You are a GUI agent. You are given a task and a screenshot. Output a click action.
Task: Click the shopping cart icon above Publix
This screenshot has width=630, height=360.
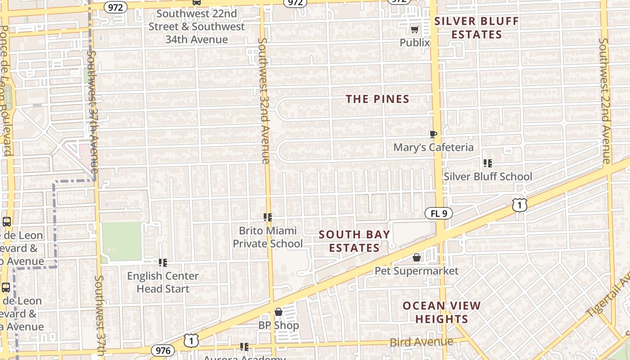414,30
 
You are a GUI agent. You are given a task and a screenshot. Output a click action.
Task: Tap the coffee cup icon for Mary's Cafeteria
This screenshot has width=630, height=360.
433,134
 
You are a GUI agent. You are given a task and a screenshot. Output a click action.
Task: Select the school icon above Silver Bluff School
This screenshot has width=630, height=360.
487,163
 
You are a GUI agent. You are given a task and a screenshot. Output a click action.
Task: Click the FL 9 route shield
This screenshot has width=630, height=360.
438,213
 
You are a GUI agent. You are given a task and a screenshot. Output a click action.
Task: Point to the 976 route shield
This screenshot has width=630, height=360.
162,351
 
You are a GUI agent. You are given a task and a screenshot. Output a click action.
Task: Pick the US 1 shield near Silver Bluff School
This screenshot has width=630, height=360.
519,205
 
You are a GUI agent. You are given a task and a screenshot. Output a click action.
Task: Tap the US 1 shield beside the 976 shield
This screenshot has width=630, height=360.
191,341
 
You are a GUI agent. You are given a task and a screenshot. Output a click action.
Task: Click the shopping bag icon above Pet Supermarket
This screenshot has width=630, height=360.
417,257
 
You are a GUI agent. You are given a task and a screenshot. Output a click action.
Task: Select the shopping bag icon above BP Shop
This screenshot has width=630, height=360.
278,312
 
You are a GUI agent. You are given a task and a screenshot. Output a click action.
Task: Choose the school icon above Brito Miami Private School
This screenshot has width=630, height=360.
268,217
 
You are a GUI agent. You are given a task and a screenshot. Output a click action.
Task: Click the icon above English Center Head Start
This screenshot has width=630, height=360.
163,262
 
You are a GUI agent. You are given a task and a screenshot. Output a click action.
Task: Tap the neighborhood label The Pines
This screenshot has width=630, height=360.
378,99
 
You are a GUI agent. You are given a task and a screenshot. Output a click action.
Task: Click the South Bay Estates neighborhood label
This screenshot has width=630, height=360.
354,241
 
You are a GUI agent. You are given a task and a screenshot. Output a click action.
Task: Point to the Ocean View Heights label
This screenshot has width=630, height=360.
441,312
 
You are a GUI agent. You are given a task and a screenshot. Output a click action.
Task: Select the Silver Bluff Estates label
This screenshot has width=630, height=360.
477,28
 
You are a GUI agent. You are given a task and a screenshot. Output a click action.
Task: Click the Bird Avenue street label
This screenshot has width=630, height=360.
421,342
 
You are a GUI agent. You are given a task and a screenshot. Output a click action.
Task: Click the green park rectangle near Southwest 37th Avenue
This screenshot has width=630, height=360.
121,241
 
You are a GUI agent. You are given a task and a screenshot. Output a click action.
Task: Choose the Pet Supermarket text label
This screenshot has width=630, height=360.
417,271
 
